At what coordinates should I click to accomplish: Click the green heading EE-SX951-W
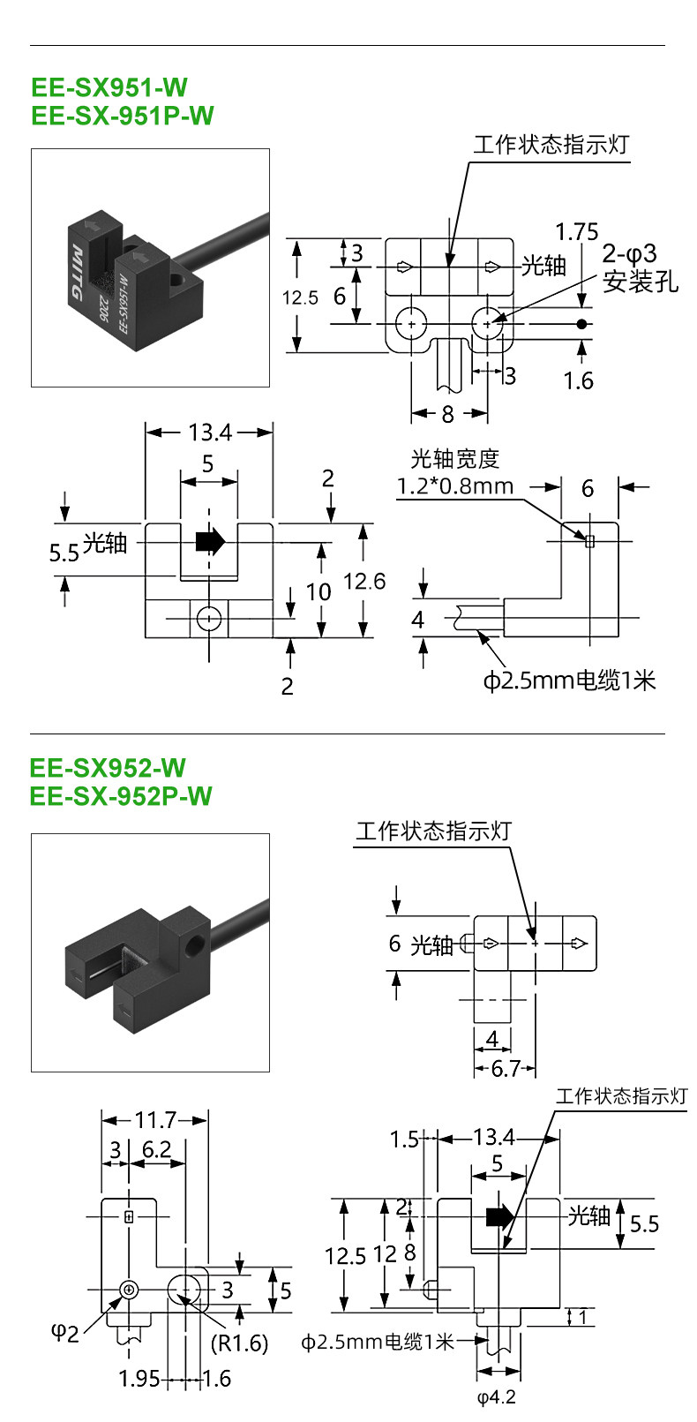pos(109,87)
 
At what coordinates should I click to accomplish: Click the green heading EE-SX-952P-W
pos(121,796)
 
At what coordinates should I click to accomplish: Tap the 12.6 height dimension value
pos(364,581)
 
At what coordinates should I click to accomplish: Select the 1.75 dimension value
pos(576,232)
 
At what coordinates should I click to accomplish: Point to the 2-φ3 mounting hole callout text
pos(629,254)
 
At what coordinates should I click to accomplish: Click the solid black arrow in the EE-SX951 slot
pos(210,541)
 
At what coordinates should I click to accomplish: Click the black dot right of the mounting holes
pos(581,324)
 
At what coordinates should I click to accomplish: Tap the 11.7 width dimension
pos(155,1119)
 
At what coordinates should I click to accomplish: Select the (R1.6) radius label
pos(239,1343)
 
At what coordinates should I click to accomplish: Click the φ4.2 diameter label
pos(497,1397)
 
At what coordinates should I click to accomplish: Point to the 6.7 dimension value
pos(506,1068)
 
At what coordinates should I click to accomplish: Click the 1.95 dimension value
pos(139,1379)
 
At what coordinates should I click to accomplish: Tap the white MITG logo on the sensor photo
pos(76,272)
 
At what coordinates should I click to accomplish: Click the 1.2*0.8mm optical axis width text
pos(454,486)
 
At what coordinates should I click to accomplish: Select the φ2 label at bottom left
pos(64,1333)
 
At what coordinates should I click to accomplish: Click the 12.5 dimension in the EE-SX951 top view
pos(300,297)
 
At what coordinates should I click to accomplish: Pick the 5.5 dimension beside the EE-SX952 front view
pos(644,1223)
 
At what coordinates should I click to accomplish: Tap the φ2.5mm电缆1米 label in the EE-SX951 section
pos(569,681)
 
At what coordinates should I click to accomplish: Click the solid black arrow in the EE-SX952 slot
pos(499,1216)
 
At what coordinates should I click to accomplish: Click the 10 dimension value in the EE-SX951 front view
pos(318,591)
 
